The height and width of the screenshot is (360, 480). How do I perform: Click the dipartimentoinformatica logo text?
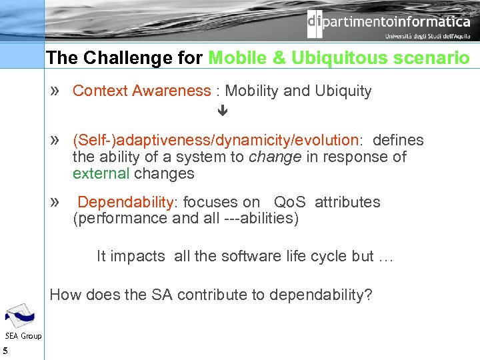(x=389, y=23)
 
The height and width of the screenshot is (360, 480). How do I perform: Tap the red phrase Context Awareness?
(x=141, y=91)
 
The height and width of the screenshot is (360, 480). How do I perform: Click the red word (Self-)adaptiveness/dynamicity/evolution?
(x=215, y=140)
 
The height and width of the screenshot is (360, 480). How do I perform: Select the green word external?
(x=101, y=173)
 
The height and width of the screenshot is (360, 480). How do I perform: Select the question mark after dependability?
(x=369, y=295)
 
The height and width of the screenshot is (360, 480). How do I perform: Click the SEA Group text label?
(x=23, y=335)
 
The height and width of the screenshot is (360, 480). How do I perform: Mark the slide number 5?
(x=5, y=351)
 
